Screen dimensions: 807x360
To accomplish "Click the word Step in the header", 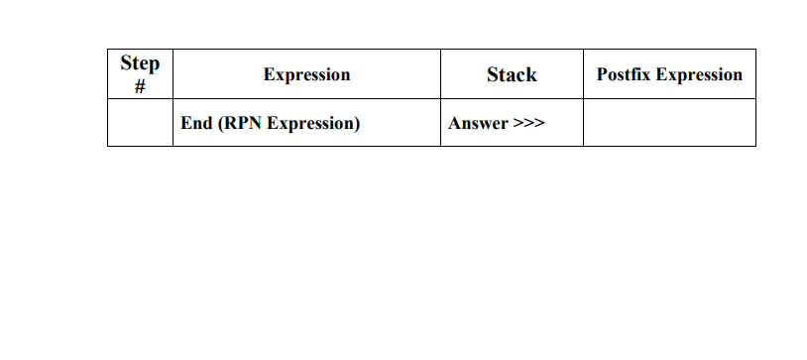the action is [x=140, y=63].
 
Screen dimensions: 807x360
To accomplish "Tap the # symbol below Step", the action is [x=140, y=85].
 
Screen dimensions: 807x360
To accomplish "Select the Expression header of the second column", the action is [x=306, y=74].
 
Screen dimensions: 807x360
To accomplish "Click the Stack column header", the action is [x=512, y=74].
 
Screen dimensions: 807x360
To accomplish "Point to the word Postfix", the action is [x=623, y=74].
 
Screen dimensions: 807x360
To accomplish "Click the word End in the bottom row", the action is [x=196, y=124].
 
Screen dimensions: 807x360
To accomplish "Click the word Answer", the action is [x=478, y=124].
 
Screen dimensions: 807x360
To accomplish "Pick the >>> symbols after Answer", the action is [x=528, y=124].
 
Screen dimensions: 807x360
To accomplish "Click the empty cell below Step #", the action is [x=140, y=123].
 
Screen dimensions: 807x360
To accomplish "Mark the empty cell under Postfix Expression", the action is [x=669, y=123].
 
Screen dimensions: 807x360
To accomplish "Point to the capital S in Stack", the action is [x=492, y=74].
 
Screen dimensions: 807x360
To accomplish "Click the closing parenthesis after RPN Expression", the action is [x=357, y=124].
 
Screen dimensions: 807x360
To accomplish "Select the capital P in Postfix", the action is [x=602, y=74].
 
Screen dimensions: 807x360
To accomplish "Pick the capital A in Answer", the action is [x=454, y=124].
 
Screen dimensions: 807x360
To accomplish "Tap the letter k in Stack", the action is [x=531, y=74].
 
